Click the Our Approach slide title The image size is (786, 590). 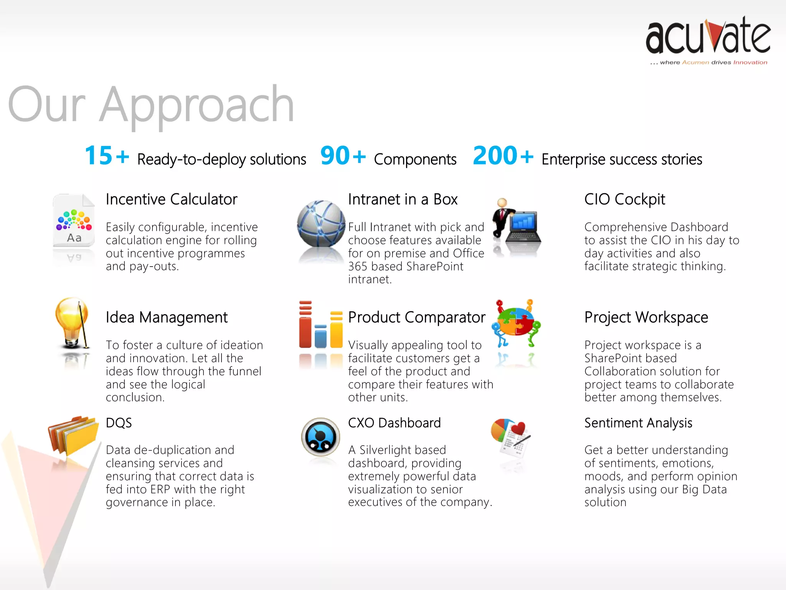(151, 105)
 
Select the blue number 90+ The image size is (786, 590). (343, 156)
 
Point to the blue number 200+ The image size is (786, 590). (503, 156)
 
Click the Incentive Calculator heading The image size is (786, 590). (172, 199)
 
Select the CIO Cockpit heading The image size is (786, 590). (624, 199)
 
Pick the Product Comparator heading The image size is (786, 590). (416, 317)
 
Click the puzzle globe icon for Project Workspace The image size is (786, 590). (515, 322)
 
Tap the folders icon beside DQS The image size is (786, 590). (74, 435)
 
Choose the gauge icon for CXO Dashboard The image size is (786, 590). (320, 437)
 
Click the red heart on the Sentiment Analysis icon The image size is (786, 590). (518, 428)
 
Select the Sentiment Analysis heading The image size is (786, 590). (638, 423)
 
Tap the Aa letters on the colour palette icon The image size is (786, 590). (74, 238)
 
